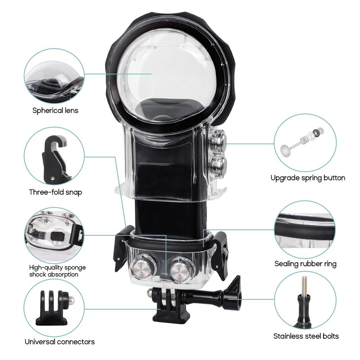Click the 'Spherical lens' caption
[56, 110]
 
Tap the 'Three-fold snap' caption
[56, 192]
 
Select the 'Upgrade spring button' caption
[308, 178]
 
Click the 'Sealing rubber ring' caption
[305, 263]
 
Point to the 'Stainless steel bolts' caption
[306, 336]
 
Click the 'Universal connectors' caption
[59, 341]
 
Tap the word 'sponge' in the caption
[76, 268]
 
